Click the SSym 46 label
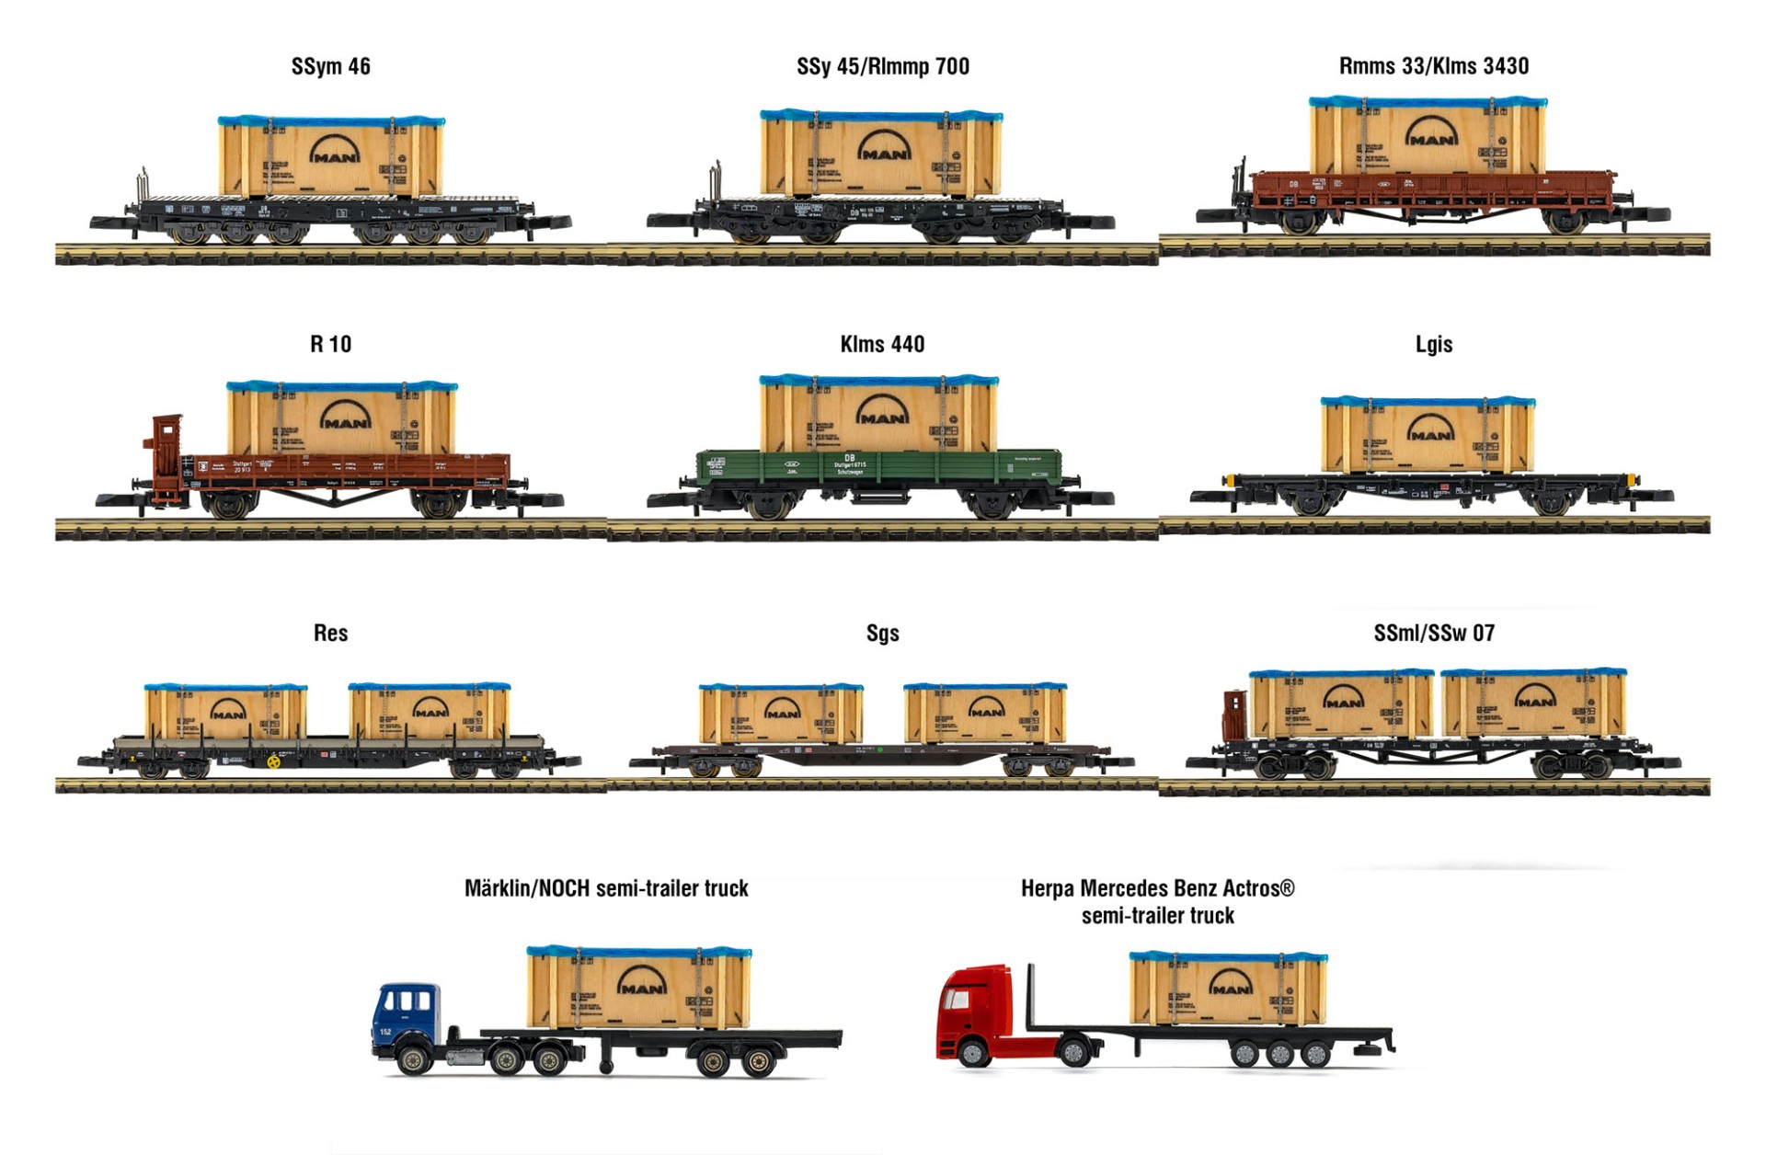(330, 66)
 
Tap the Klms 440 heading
(882, 344)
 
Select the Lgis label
(1433, 344)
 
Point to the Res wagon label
(330, 633)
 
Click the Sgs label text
(882, 633)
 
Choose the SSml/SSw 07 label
(1433, 633)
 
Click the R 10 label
(330, 344)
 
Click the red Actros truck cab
(975, 1012)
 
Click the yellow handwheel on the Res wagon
(273, 761)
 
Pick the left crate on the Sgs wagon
(780, 714)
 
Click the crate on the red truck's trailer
(1228, 989)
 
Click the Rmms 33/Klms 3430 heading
(1433, 66)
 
